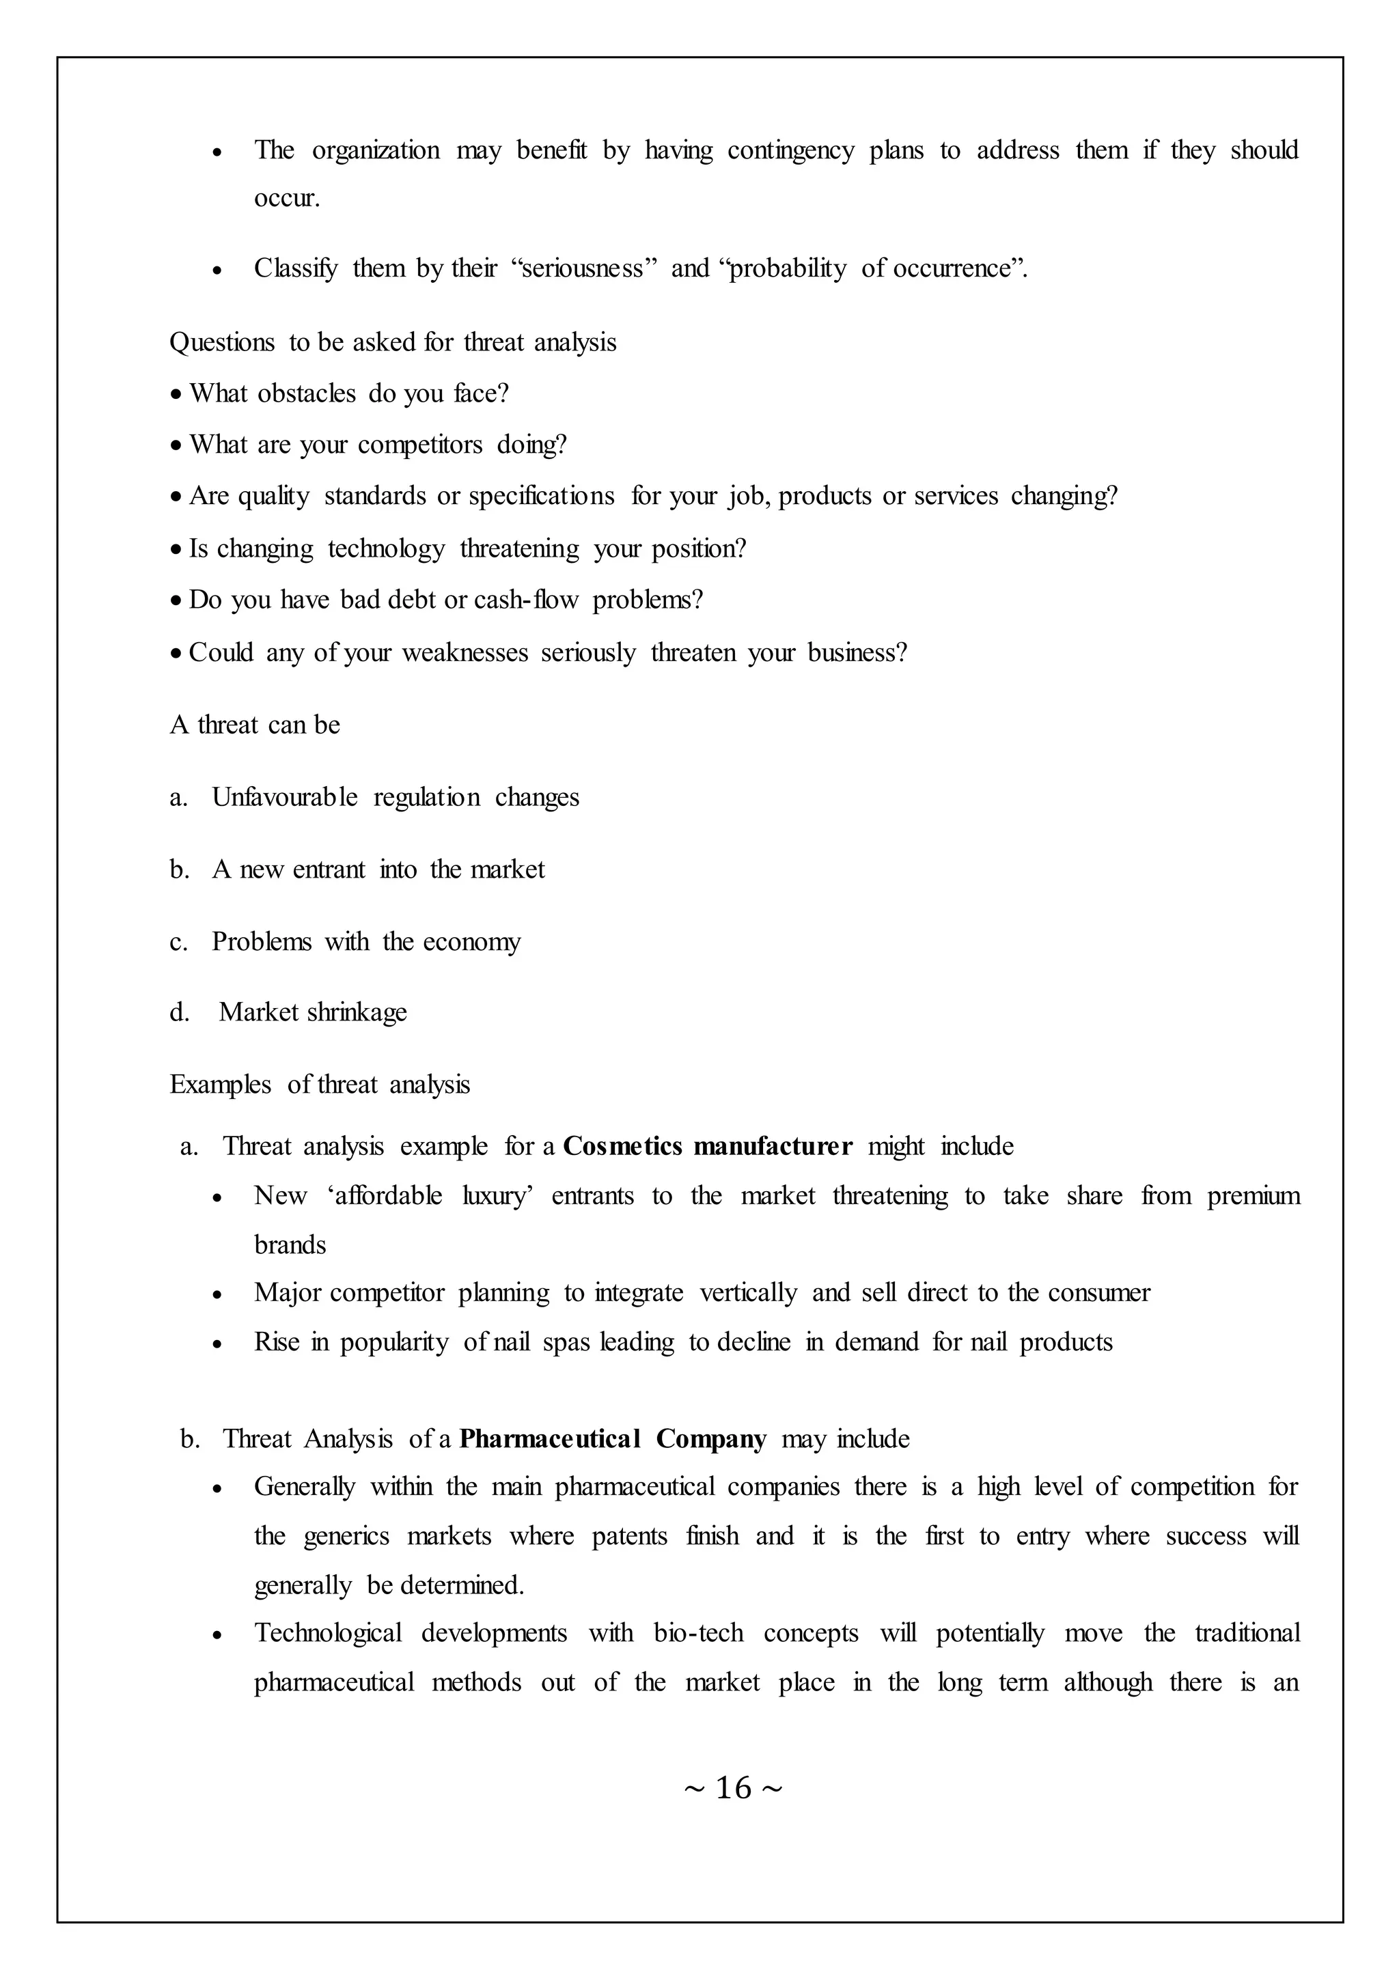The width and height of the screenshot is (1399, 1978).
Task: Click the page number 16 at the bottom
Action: click(x=733, y=1787)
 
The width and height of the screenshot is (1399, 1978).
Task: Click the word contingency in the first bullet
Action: click(x=791, y=151)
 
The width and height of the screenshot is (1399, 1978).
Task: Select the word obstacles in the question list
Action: click(x=306, y=393)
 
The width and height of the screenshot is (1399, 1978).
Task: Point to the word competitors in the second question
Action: click(x=419, y=445)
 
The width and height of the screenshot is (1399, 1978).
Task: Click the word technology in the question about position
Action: click(x=386, y=548)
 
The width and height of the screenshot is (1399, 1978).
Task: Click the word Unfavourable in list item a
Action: click(x=284, y=798)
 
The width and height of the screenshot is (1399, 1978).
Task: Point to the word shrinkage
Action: click(x=356, y=1012)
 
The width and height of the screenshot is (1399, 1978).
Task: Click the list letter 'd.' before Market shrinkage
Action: click(x=179, y=1012)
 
